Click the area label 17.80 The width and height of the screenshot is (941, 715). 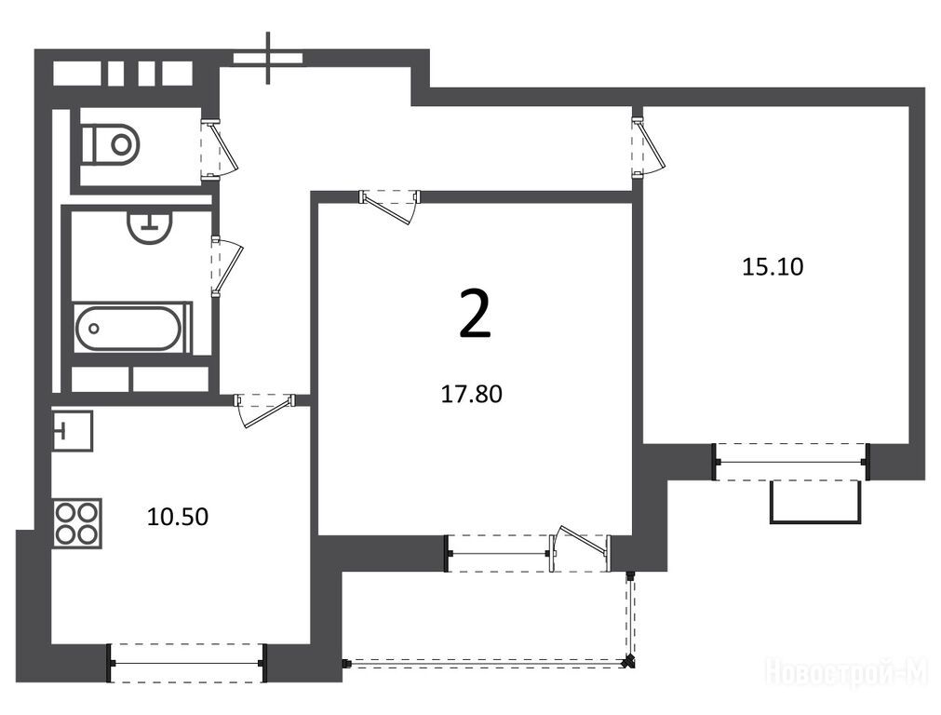(x=471, y=394)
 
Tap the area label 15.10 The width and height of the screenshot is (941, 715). (x=773, y=266)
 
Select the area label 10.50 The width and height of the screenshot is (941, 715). (x=178, y=517)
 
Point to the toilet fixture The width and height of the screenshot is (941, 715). (x=111, y=144)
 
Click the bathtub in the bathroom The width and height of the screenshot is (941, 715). (x=128, y=329)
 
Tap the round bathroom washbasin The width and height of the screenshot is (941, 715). (x=150, y=226)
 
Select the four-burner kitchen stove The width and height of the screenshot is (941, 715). (x=77, y=523)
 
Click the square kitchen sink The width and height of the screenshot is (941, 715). (x=72, y=430)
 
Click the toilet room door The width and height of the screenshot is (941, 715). (x=220, y=149)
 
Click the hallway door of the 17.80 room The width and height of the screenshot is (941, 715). (x=389, y=206)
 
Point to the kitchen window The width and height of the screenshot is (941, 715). (x=187, y=663)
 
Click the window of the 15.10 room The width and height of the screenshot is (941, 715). (x=791, y=462)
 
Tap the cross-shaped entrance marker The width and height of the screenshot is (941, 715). (x=268, y=58)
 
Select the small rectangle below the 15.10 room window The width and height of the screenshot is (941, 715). (x=816, y=502)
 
